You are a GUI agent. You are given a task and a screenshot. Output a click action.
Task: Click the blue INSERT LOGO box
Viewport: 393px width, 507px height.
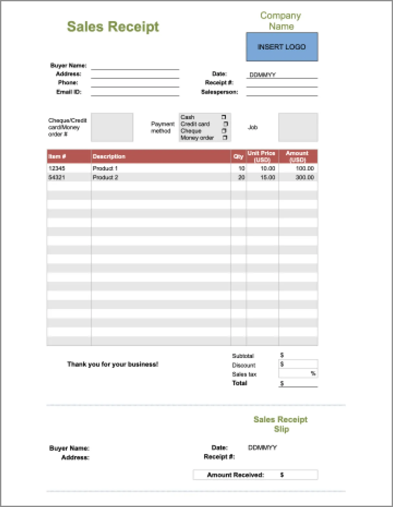pyautogui.click(x=282, y=47)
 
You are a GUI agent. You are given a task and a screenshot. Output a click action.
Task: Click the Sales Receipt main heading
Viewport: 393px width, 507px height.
pyautogui.click(x=113, y=27)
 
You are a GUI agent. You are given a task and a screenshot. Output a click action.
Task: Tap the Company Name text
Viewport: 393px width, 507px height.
pyautogui.click(x=281, y=21)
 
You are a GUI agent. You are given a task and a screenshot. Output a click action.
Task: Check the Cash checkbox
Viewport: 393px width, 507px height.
pyautogui.click(x=224, y=117)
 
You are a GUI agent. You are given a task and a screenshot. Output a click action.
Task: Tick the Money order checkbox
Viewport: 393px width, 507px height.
pyautogui.click(x=225, y=138)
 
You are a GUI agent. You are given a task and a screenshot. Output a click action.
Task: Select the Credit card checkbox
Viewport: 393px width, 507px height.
pyautogui.click(x=226, y=124)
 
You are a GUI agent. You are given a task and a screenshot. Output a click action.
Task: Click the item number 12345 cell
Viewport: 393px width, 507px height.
pyautogui.click(x=57, y=168)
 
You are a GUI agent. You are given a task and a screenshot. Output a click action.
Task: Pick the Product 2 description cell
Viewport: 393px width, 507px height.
pyautogui.click(x=105, y=177)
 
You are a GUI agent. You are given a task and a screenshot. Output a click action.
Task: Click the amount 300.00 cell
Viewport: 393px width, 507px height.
pyautogui.click(x=304, y=177)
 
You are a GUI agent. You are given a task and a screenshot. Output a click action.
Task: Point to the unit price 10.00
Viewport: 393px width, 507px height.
pyautogui.click(x=268, y=168)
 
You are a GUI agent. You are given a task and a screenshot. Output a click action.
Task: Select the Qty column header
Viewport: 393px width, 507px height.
pyautogui.click(x=238, y=156)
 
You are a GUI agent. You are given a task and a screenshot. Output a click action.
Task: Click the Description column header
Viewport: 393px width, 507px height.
pyautogui.click(x=109, y=156)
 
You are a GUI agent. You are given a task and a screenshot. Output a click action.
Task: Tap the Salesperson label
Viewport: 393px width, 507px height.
pyautogui.click(x=219, y=92)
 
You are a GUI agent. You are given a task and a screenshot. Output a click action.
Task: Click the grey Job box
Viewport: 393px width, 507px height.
pyautogui.click(x=298, y=127)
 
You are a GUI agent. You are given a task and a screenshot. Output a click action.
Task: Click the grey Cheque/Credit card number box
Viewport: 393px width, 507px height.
pyautogui.click(x=112, y=127)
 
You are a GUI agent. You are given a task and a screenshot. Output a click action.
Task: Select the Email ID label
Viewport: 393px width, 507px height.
pyautogui.click(x=69, y=92)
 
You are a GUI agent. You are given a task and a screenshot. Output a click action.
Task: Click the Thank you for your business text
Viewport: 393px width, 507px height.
pyautogui.click(x=112, y=364)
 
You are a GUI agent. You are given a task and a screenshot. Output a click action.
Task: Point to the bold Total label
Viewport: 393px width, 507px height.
pyautogui.click(x=239, y=383)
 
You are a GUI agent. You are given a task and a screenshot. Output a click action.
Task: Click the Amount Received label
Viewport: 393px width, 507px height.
pyautogui.click(x=235, y=475)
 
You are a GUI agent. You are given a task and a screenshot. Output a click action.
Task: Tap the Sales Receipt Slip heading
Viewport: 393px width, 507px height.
pyautogui.click(x=281, y=424)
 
